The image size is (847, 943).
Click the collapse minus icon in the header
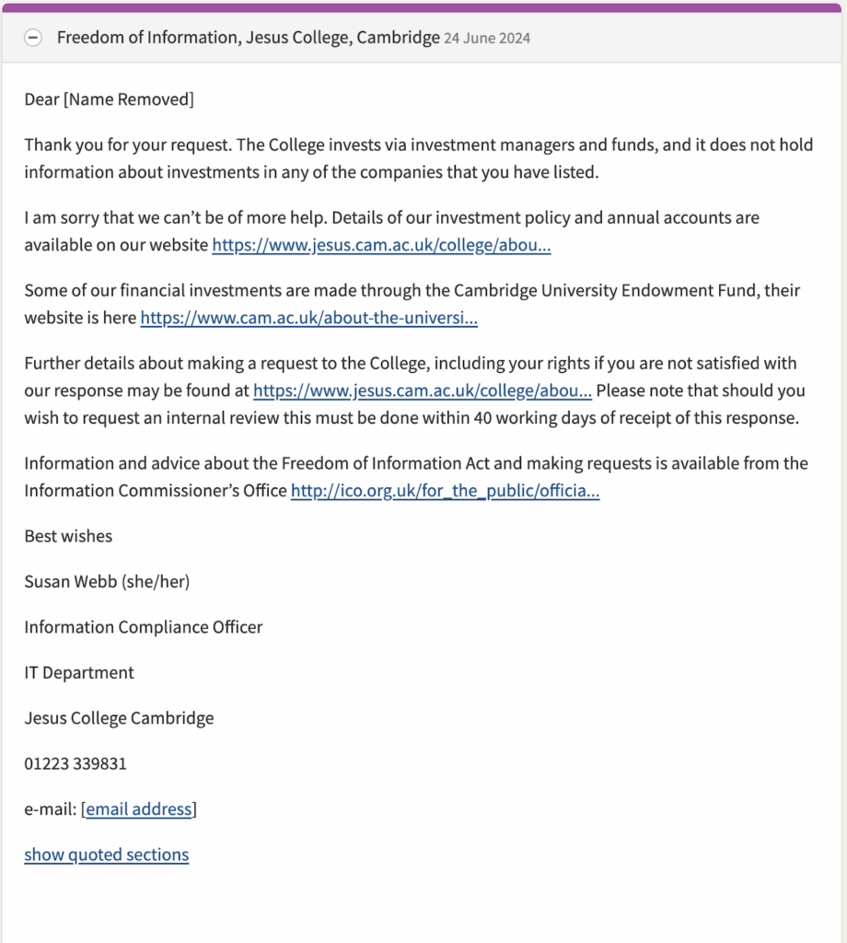[x=33, y=38]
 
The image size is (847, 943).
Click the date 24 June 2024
[x=487, y=39]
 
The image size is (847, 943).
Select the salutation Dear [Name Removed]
[x=109, y=99]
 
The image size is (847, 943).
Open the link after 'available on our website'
[x=381, y=245]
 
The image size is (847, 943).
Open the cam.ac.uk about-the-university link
[x=308, y=318]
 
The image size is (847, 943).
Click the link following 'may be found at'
[x=422, y=390]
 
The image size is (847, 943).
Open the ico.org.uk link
[x=445, y=491]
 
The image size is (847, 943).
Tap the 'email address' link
[x=139, y=809]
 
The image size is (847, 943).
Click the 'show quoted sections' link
[x=106, y=855]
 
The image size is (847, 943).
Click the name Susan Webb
[x=71, y=581]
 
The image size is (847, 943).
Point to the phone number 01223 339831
[x=75, y=763]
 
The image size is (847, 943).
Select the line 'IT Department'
[x=79, y=672]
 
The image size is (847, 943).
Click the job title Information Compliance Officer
[x=143, y=627]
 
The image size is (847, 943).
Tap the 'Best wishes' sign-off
[x=68, y=536]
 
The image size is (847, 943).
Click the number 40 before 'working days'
[x=483, y=417]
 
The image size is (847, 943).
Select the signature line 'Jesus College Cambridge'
[x=119, y=718]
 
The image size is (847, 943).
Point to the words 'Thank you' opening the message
[x=59, y=146]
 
